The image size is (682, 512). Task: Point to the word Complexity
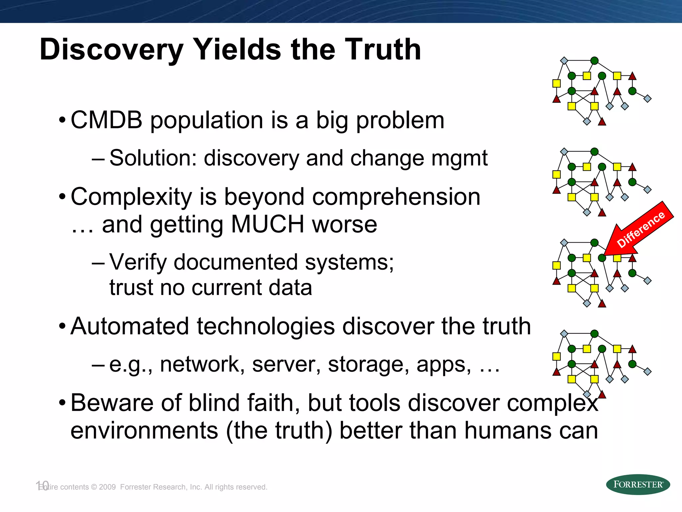click(x=131, y=197)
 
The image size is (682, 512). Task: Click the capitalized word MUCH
click(x=267, y=224)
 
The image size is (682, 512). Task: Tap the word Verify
click(x=138, y=262)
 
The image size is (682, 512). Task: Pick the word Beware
click(x=112, y=403)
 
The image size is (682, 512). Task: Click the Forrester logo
click(x=638, y=484)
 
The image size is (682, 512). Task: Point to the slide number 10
click(x=42, y=486)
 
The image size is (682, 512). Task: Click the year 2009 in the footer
click(x=107, y=487)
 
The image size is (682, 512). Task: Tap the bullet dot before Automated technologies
click(x=62, y=327)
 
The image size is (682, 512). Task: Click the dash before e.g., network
click(x=98, y=365)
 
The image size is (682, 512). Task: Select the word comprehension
click(x=395, y=197)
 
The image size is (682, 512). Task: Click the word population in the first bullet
click(x=207, y=121)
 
